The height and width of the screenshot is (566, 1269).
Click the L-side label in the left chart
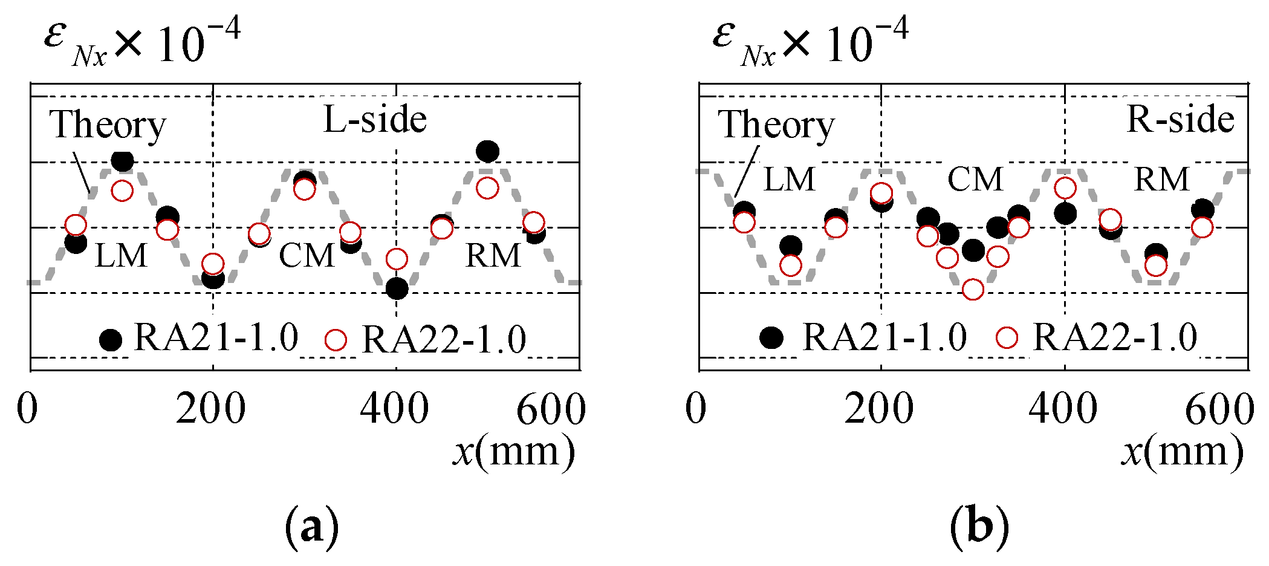[375, 120]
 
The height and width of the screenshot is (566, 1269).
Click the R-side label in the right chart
[1180, 120]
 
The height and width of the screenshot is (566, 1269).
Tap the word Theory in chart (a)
[108, 125]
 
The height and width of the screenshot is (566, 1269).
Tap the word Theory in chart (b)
[776, 125]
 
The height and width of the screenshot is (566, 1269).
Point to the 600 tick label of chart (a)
[551, 409]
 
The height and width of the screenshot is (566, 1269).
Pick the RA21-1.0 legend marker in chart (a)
[111, 340]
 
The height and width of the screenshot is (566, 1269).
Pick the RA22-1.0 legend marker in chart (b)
[1007, 337]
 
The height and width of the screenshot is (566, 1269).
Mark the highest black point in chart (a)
[487, 151]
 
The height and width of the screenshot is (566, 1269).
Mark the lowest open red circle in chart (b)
[973, 290]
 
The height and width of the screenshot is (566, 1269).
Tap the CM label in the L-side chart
[307, 256]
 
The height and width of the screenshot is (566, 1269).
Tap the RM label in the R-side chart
[1161, 180]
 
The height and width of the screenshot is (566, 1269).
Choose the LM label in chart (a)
[121, 256]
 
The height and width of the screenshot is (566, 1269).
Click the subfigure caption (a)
[311, 528]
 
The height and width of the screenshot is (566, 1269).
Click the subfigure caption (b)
[979, 528]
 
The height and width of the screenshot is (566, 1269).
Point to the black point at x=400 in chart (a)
[397, 288]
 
